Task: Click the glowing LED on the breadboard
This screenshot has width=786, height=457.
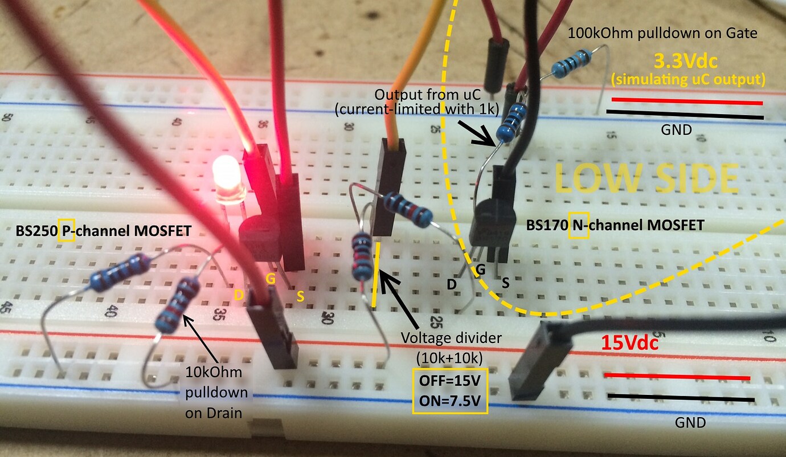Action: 227,178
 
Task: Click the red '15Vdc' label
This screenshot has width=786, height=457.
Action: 630,344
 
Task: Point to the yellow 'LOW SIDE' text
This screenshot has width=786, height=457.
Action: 646,178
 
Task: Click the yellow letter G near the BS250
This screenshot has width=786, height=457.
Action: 271,279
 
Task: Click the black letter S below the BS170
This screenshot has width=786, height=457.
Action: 506,282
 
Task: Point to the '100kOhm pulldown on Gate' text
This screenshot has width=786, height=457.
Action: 662,34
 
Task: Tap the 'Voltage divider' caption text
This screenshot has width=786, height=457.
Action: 451,338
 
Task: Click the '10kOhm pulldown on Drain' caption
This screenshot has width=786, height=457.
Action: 216,393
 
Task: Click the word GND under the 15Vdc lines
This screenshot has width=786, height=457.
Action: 690,422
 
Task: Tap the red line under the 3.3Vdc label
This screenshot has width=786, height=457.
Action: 687,101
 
